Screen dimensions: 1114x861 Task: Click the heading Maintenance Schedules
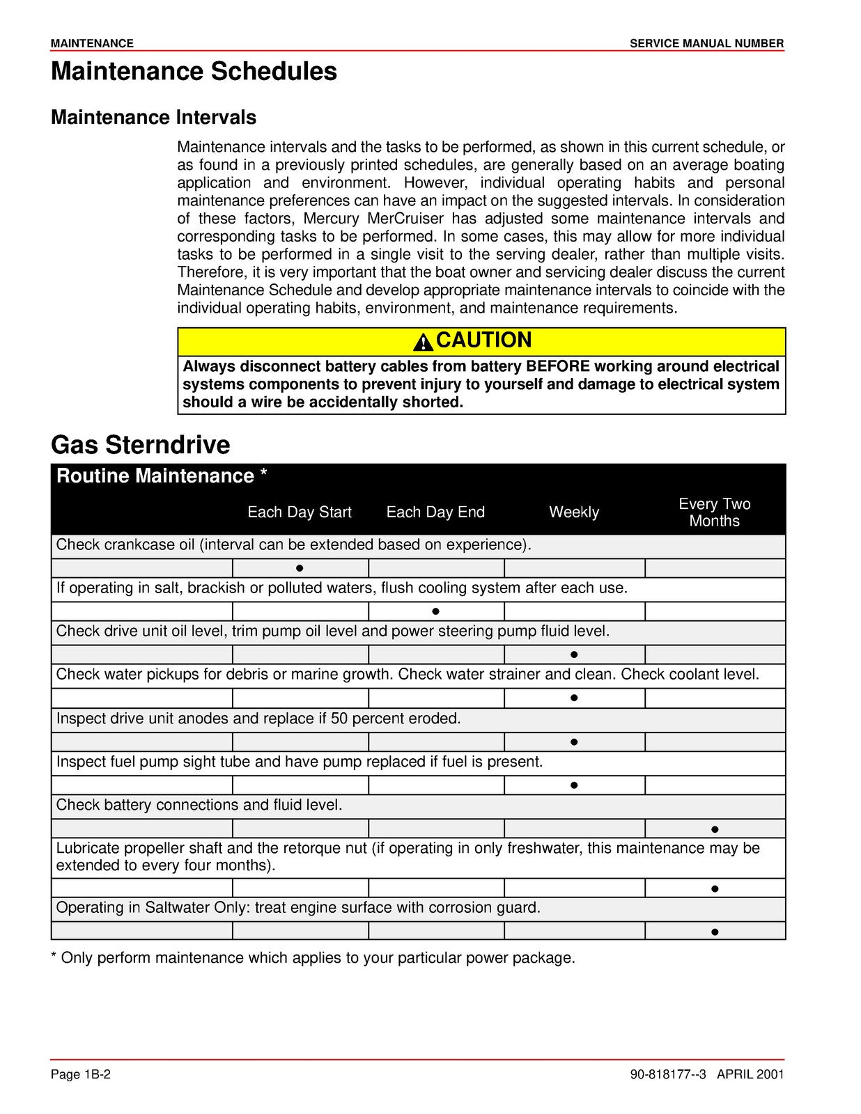[194, 72]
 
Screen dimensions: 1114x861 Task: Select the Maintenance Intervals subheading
[153, 117]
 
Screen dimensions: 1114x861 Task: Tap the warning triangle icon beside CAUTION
[423, 342]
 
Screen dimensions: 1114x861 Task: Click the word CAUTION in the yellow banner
[483, 340]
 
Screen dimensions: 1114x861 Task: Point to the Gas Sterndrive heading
[140, 445]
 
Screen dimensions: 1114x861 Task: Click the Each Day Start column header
[300, 512]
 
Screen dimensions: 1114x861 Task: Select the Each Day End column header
[435, 512]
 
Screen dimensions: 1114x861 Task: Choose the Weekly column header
[573, 512]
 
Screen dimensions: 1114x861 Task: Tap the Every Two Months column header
[714, 512]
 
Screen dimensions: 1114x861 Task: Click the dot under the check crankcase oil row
[300, 568]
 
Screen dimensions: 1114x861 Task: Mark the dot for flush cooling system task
[435, 611]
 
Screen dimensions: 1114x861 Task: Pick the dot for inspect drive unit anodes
[574, 742]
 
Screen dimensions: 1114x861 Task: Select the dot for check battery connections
[715, 829]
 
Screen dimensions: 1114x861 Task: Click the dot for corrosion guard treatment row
[715, 932]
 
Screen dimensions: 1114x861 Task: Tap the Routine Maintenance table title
[162, 476]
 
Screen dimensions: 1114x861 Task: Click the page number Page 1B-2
[81, 1074]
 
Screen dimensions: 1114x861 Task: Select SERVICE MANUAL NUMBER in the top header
[706, 43]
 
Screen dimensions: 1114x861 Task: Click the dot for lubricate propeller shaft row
[715, 888]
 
